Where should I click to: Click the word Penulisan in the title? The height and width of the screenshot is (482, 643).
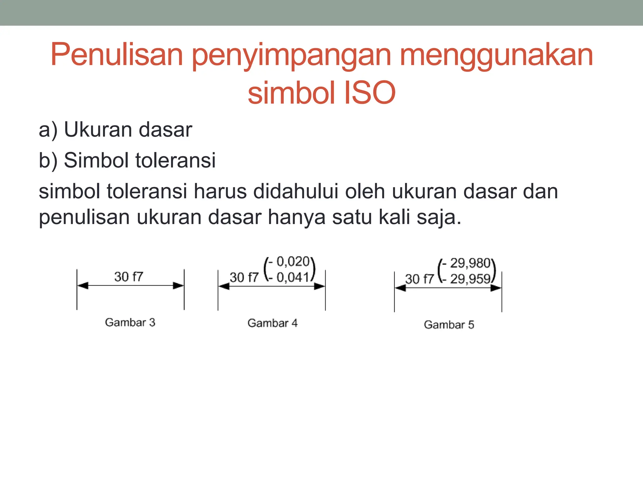116,55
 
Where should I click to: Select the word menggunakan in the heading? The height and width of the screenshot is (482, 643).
496,55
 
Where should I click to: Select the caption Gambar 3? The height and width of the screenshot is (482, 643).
130,322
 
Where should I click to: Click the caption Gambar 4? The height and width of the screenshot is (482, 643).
273,323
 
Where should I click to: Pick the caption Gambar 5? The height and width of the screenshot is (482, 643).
449,324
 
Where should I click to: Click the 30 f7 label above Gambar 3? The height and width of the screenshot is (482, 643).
129,277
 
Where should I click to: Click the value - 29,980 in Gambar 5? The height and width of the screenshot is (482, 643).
467,263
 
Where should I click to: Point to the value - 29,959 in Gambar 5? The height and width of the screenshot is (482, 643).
467,279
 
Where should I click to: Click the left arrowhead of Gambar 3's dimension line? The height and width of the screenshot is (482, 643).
83,286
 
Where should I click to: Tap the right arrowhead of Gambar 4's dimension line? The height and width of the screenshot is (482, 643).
320,286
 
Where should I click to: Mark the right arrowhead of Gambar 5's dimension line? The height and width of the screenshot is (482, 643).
496,288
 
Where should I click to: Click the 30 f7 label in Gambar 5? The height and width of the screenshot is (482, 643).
419,279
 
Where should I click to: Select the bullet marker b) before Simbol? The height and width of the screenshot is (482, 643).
48,160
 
